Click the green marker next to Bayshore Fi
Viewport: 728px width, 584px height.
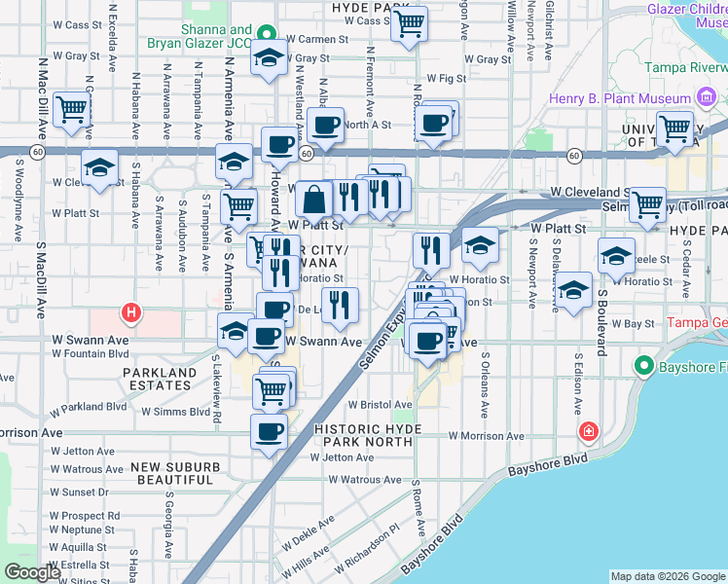click(642, 367)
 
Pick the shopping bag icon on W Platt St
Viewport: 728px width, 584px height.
click(314, 201)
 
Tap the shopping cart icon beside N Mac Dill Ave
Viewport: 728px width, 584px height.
click(72, 110)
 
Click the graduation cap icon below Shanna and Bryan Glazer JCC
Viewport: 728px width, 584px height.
click(270, 59)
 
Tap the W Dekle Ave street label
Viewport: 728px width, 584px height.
click(309, 536)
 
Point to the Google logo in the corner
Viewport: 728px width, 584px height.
click(32, 572)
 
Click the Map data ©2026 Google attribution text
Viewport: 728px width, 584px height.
click(668, 576)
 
